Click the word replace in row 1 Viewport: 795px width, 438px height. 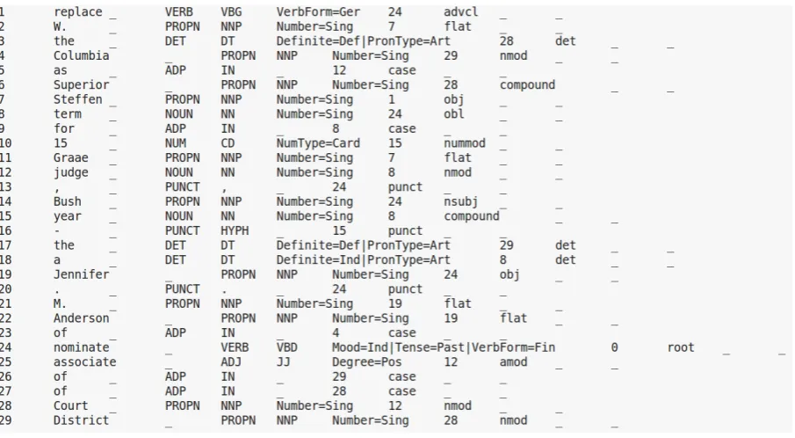point(77,12)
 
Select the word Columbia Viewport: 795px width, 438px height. point(81,55)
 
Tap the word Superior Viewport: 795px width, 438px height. point(81,84)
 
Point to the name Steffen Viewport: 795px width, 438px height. point(77,99)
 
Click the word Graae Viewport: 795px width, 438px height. point(71,157)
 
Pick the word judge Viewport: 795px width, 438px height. point(71,172)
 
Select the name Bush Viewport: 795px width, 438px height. point(68,201)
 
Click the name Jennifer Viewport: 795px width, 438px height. point(81,274)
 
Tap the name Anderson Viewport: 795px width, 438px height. point(81,318)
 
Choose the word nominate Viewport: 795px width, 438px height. point(81,347)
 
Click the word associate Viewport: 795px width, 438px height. point(84,361)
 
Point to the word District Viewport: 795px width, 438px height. point(81,420)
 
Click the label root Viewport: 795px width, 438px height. point(681,347)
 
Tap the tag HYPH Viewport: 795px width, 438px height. point(235,231)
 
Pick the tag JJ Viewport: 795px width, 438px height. point(284,361)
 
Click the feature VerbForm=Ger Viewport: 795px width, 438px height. point(318,11)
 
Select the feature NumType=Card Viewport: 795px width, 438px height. point(318,143)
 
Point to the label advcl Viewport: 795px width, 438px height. point(461,11)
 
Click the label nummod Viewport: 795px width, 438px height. point(465,143)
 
